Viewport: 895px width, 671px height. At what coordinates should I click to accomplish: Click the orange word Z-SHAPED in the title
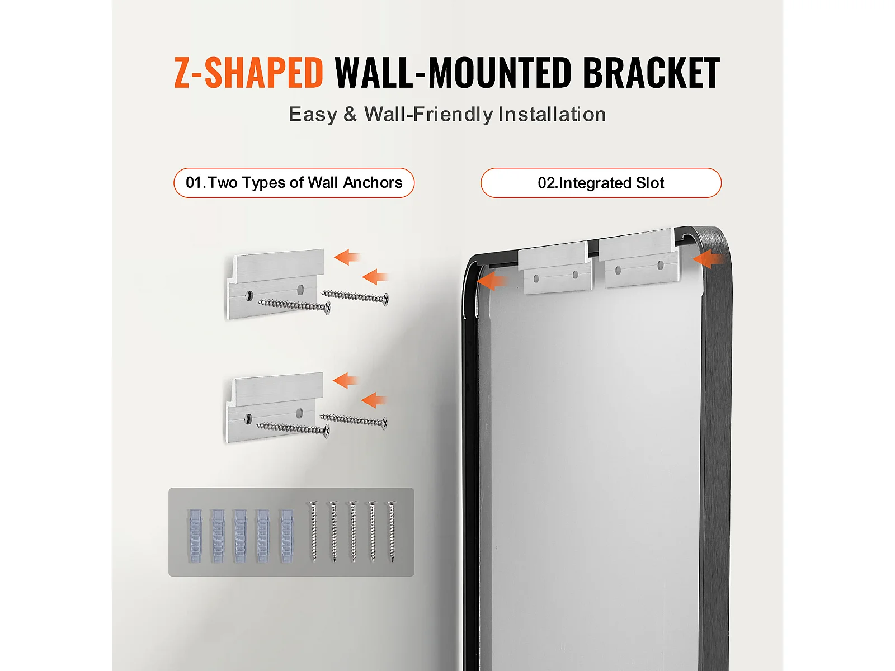[x=248, y=73]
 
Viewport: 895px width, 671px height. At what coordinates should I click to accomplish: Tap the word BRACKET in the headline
[x=651, y=73]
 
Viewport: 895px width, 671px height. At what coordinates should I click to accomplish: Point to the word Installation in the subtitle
[x=552, y=114]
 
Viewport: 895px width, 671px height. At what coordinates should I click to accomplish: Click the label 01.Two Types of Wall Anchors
[x=294, y=182]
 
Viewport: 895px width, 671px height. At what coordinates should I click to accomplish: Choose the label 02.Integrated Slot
[x=601, y=182]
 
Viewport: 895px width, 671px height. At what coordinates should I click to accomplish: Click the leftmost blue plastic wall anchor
[x=194, y=536]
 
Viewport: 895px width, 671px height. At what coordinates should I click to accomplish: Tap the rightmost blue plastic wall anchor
[x=286, y=536]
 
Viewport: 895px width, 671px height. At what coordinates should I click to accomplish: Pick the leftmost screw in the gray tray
[x=314, y=532]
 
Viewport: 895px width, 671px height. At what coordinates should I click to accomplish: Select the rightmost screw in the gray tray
[x=392, y=532]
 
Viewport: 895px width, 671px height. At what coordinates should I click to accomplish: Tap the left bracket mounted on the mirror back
[x=555, y=267]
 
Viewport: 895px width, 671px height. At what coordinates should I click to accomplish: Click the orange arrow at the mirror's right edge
[x=709, y=259]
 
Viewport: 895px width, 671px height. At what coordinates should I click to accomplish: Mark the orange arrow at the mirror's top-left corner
[x=491, y=281]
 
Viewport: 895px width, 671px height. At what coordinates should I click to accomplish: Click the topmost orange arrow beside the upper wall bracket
[x=347, y=257]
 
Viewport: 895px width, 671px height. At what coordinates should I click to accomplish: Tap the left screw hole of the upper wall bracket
[x=249, y=295]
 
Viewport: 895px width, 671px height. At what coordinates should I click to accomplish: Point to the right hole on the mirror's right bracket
[x=660, y=266]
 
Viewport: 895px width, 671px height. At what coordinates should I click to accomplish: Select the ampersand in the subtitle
[x=350, y=114]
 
